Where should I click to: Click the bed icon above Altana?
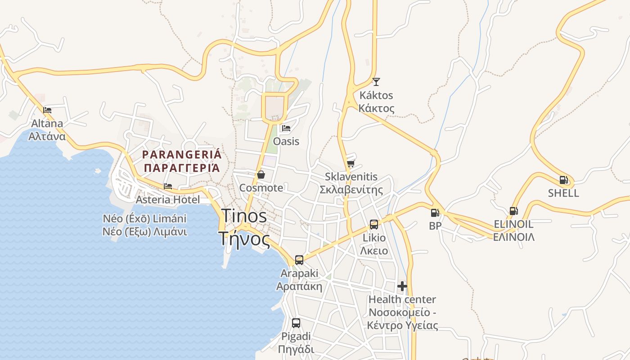pyautogui.click(x=47, y=110)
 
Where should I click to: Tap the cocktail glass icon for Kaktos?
pyautogui.click(x=376, y=82)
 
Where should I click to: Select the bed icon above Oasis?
pyautogui.click(x=286, y=128)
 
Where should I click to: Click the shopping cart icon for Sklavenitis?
pyautogui.click(x=351, y=163)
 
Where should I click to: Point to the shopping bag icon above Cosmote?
pyautogui.click(x=261, y=175)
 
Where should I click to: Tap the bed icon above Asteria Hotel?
pyautogui.click(x=168, y=186)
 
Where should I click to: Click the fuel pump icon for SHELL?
pyautogui.click(x=563, y=180)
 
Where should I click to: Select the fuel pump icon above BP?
pyautogui.click(x=435, y=213)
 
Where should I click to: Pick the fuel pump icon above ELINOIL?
pyautogui.click(x=513, y=211)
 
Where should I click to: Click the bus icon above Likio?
pyautogui.click(x=374, y=224)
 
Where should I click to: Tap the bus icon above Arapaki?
pyautogui.click(x=299, y=260)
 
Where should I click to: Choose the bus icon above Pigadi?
pyautogui.click(x=296, y=323)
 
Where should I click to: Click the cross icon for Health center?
pyautogui.click(x=402, y=286)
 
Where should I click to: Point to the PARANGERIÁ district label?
pyautogui.click(x=182, y=155)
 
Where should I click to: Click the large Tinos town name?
pyautogui.click(x=244, y=216)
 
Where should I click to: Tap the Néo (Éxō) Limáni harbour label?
pyautogui.click(x=144, y=219)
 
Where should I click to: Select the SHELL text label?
pyautogui.click(x=563, y=193)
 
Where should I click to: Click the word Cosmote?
pyautogui.click(x=261, y=188)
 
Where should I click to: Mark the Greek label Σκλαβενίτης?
pyautogui.click(x=351, y=190)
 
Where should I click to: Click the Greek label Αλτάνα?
pyautogui.click(x=47, y=136)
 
